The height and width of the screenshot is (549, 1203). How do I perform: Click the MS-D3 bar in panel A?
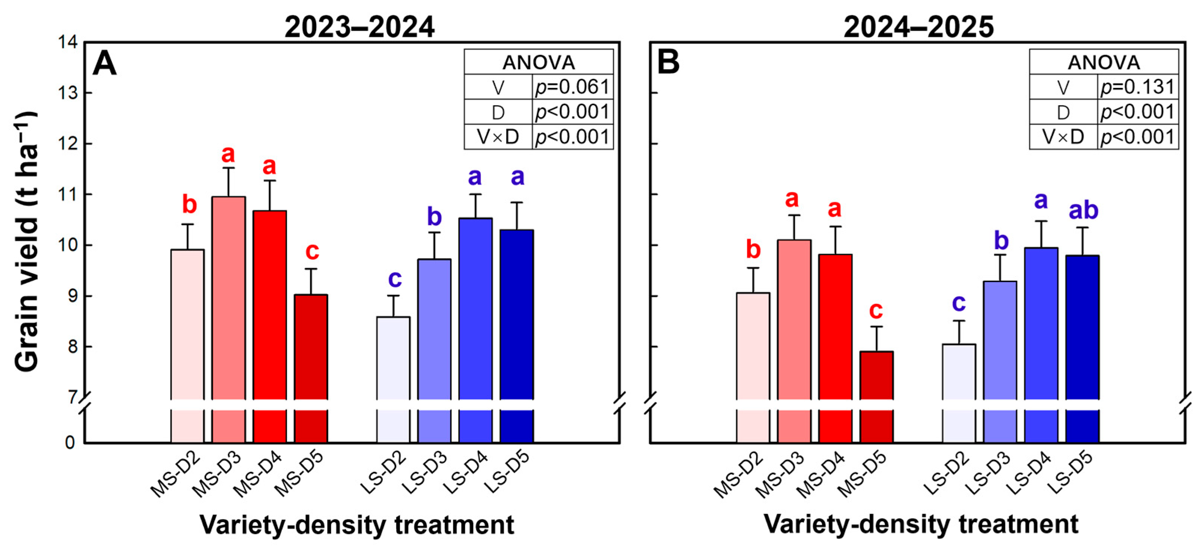click(x=228, y=320)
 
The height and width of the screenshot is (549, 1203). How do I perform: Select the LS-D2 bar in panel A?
click(x=393, y=379)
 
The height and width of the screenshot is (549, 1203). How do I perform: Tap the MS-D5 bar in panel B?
click(x=876, y=397)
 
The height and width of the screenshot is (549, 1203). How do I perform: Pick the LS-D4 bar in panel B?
click(x=1041, y=345)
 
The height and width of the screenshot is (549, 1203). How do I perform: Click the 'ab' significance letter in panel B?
click(x=1083, y=210)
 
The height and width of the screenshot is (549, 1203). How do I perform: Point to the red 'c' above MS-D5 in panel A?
click(x=312, y=251)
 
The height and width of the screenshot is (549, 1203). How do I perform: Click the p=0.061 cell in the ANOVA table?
click(x=573, y=87)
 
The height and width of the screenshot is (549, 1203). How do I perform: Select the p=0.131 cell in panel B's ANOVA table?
click(x=1138, y=87)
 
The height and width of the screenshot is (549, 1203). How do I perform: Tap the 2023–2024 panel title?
click(x=359, y=27)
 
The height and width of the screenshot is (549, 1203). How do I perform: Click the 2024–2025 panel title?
click(x=919, y=27)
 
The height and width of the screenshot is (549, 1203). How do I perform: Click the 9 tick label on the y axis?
click(x=73, y=296)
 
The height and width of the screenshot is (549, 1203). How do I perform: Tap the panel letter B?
click(x=668, y=63)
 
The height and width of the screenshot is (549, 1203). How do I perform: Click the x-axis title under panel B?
click(x=921, y=525)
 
